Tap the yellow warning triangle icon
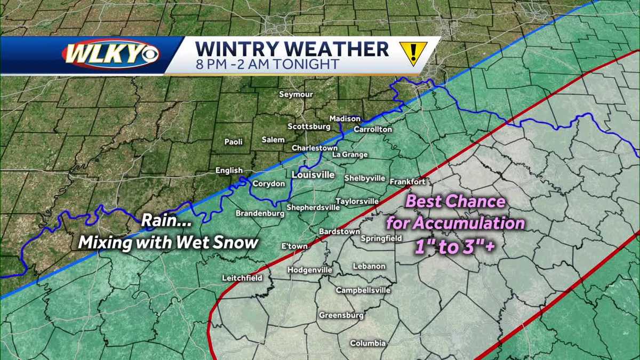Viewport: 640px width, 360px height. point(412,52)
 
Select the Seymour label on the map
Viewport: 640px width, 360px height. point(297,94)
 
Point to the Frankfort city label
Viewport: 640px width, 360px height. point(407,181)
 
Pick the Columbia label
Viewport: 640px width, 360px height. point(367,343)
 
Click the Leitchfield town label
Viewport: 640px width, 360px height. point(242,278)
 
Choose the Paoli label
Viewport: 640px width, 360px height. point(233,142)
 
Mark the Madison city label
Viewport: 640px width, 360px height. point(345,118)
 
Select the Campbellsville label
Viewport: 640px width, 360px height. point(363,290)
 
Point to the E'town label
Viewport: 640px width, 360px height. point(294,246)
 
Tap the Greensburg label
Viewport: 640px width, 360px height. point(341,315)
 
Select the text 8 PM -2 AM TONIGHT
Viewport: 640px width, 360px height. point(267,65)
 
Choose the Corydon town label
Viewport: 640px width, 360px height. point(269,183)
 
